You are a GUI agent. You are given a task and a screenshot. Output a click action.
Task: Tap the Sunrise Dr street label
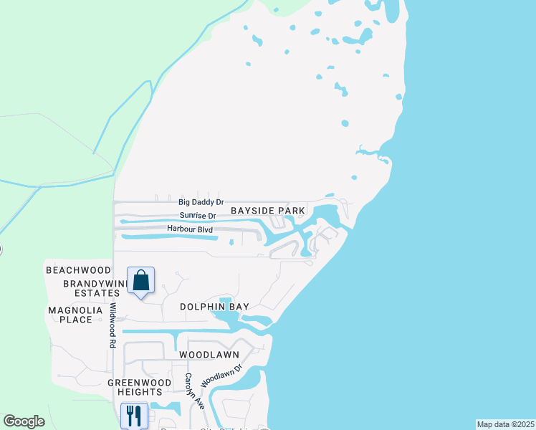(197, 215)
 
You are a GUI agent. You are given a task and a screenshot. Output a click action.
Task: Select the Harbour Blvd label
(190, 229)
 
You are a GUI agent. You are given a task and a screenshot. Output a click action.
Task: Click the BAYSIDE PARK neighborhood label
(268, 211)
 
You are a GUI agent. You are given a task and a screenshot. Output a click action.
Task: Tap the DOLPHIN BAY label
(214, 307)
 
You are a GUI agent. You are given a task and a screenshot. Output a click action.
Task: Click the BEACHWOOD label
(78, 270)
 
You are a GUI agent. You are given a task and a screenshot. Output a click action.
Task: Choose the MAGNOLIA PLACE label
(70, 314)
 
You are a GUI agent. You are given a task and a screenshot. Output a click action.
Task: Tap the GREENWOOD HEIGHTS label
(139, 387)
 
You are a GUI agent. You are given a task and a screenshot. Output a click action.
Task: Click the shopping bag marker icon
(141, 280)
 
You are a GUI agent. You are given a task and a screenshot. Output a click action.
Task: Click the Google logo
(24, 421)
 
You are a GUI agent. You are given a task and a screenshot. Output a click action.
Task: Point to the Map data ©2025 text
(506, 424)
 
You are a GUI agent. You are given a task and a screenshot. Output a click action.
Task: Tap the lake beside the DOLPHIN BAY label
(229, 315)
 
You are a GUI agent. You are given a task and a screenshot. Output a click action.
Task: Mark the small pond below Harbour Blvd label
(231, 242)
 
